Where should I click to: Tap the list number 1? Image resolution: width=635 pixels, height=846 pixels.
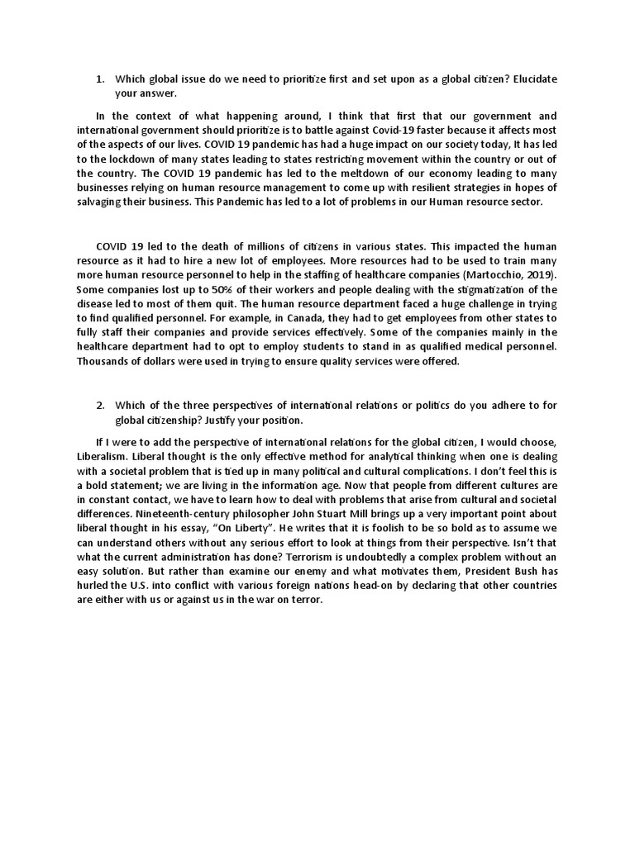99,78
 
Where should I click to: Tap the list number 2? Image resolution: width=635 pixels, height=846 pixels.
99,405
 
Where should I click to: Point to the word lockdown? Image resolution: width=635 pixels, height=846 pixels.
122,159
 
